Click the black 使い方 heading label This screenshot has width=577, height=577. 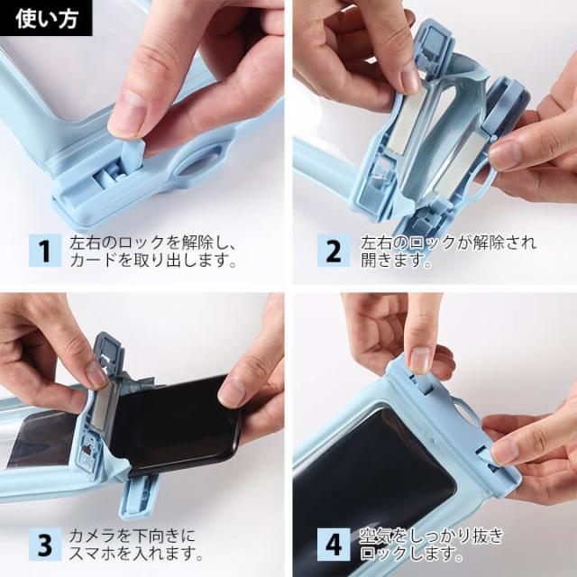[46, 18]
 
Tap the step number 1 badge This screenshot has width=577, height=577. [45, 251]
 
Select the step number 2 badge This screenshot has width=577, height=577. [334, 251]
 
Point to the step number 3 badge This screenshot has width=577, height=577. [45, 545]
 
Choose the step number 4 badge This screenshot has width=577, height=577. [334, 545]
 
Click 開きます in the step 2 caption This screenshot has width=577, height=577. [395, 261]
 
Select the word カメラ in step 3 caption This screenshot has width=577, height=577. [93, 536]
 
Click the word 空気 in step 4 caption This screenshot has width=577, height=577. [376, 536]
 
